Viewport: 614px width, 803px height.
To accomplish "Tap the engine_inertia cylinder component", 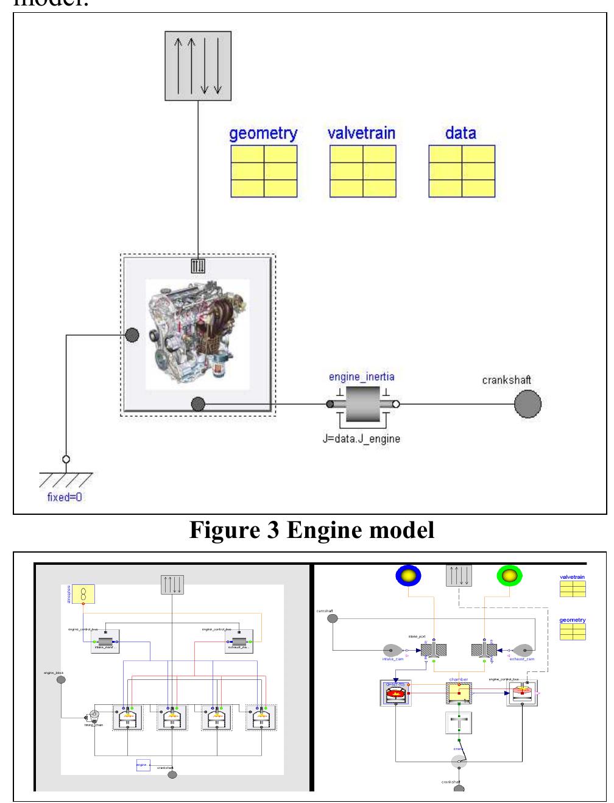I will click(x=362, y=404).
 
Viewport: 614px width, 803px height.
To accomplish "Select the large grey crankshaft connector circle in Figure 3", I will click(x=528, y=404).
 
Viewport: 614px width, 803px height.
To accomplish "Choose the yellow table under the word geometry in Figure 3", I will click(x=263, y=171).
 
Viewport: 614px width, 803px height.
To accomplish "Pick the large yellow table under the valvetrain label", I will click(x=362, y=171).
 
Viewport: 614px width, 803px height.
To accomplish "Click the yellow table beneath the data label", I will click(x=461, y=171).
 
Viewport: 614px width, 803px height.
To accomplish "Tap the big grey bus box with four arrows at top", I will click(x=199, y=66).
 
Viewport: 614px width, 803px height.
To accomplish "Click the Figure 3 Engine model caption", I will click(x=312, y=530).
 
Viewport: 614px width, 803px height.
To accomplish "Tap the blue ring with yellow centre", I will click(x=408, y=576).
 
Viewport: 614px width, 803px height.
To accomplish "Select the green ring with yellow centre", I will click(x=509, y=576).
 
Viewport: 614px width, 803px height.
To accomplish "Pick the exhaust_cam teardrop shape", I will click(x=523, y=651).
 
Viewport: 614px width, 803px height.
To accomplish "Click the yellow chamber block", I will click(x=459, y=693).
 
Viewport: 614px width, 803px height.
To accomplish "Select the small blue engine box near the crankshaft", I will click(x=143, y=765).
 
